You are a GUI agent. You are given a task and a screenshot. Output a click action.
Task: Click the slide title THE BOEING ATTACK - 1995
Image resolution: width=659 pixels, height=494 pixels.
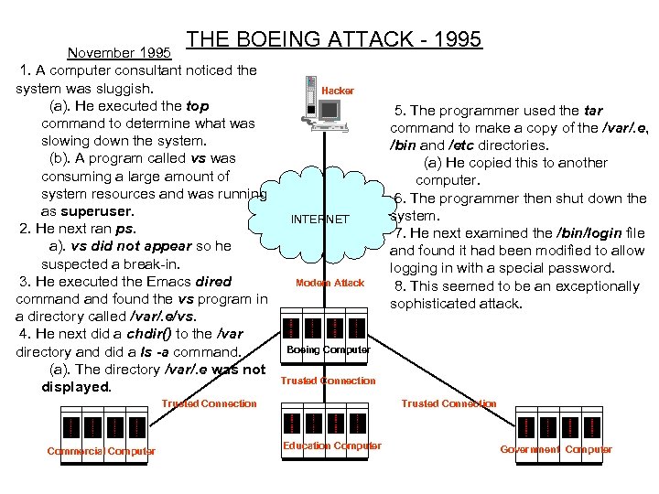pyautogui.click(x=334, y=39)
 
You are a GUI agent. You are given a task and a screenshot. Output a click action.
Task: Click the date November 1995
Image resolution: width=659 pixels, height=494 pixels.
pyautogui.click(x=121, y=51)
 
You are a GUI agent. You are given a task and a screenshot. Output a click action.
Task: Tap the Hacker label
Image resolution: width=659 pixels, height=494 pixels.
pyautogui.click(x=338, y=91)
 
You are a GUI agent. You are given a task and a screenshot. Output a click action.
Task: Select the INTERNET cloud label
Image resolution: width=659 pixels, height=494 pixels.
pyautogui.click(x=319, y=220)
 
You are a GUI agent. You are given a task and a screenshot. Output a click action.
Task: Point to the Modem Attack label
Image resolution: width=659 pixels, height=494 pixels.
pyautogui.click(x=329, y=283)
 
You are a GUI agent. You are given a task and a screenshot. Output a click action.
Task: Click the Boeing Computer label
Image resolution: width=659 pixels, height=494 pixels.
pyautogui.click(x=329, y=349)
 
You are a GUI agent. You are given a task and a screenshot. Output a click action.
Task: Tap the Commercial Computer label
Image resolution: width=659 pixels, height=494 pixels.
pyautogui.click(x=102, y=451)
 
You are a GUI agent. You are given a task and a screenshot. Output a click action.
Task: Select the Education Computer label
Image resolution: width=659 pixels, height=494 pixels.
pyautogui.click(x=331, y=446)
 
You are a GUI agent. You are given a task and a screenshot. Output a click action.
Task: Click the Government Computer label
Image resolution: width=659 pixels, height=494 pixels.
pyautogui.click(x=556, y=449)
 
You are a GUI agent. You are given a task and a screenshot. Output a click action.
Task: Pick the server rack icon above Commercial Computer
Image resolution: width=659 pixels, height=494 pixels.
pyautogui.click(x=102, y=426)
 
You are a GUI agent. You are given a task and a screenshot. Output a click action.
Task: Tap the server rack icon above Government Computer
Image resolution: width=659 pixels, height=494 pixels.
pyautogui.click(x=558, y=426)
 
